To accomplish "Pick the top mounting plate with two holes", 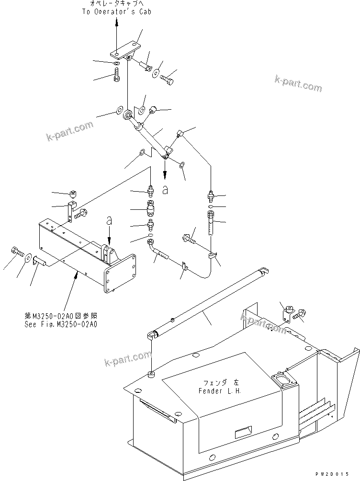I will point(124,51).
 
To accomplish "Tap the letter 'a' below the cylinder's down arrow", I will point(165,190).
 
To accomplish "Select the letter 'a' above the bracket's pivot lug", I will point(109,221).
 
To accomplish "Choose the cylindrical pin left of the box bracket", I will point(39,262).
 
